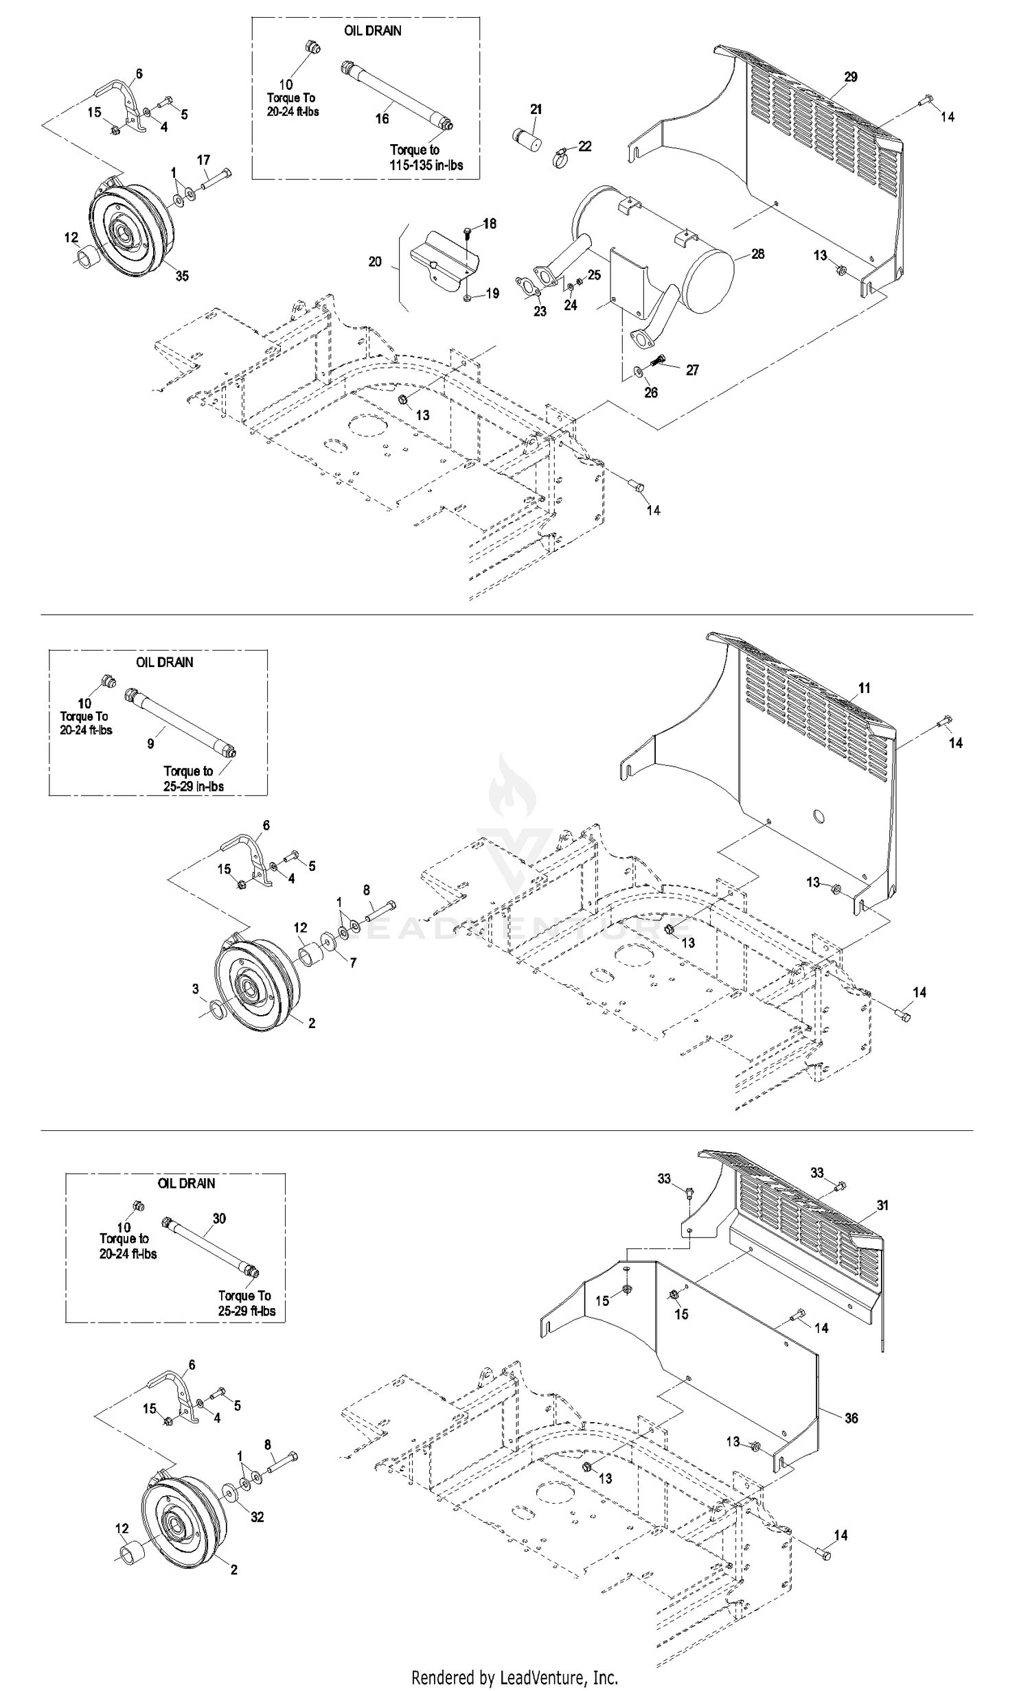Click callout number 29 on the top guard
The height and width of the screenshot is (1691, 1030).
pos(851,77)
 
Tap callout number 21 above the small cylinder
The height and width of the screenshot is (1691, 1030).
pos(536,109)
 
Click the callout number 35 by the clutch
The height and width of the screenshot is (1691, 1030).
pos(182,276)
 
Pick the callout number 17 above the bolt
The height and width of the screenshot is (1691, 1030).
pos(203,160)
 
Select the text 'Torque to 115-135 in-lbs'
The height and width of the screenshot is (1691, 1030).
pos(426,157)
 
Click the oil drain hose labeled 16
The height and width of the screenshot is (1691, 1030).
pos(397,95)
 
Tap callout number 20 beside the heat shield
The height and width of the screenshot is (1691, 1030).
pos(375,261)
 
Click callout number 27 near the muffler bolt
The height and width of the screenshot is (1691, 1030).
pos(692,370)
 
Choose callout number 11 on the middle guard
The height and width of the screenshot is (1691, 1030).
pos(864,688)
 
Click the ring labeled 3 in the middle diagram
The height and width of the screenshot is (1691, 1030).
pos(215,1010)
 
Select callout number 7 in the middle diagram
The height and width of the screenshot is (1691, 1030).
pos(353,963)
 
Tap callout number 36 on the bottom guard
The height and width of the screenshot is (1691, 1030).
pos(851,1418)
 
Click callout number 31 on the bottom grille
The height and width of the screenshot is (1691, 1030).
pos(882,1205)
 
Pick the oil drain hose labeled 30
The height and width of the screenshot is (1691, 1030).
pos(209,1247)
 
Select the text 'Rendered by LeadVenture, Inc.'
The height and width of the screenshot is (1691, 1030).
pos(514,1678)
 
